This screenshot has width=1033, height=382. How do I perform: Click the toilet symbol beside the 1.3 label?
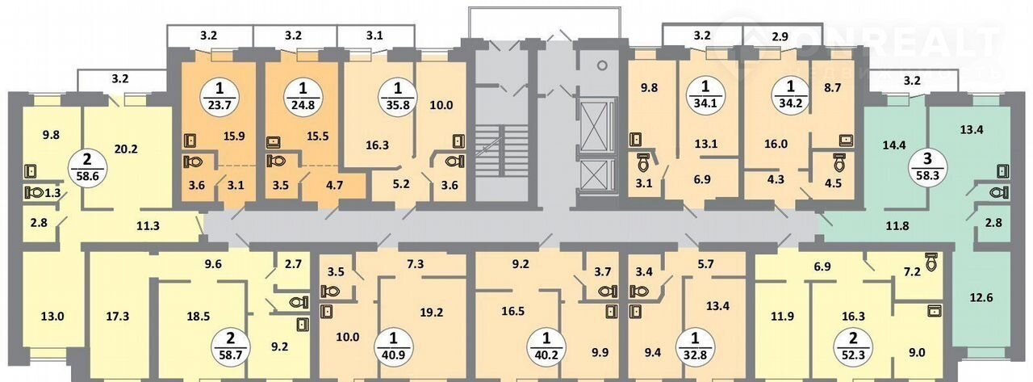click(35, 192)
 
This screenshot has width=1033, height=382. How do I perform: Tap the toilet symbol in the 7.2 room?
click(931, 260)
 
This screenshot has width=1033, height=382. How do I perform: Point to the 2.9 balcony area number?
click(780, 36)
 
